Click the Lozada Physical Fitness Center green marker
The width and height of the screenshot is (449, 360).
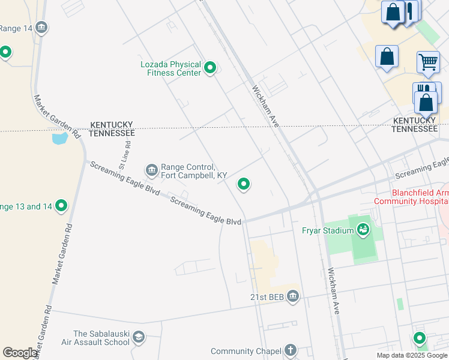(x=210, y=68)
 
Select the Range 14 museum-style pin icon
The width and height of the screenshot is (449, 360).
(x=41, y=27)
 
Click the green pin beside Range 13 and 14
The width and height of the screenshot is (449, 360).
(x=61, y=206)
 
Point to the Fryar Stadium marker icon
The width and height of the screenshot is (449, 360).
(x=363, y=229)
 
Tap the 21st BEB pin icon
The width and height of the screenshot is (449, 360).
(x=292, y=296)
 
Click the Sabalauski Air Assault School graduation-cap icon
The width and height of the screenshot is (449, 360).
(x=139, y=337)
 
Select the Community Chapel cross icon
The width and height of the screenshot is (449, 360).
(x=291, y=350)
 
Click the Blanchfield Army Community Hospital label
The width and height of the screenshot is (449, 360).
(x=411, y=197)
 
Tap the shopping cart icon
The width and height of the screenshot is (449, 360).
(x=428, y=61)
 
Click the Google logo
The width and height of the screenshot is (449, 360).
(x=20, y=353)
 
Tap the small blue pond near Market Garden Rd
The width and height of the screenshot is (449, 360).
(x=60, y=139)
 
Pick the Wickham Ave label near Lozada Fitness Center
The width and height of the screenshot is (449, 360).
(x=265, y=106)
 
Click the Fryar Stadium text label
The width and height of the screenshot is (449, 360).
(x=327, y=229)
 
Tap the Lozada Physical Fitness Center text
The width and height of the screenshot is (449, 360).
(x=170, y=68)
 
